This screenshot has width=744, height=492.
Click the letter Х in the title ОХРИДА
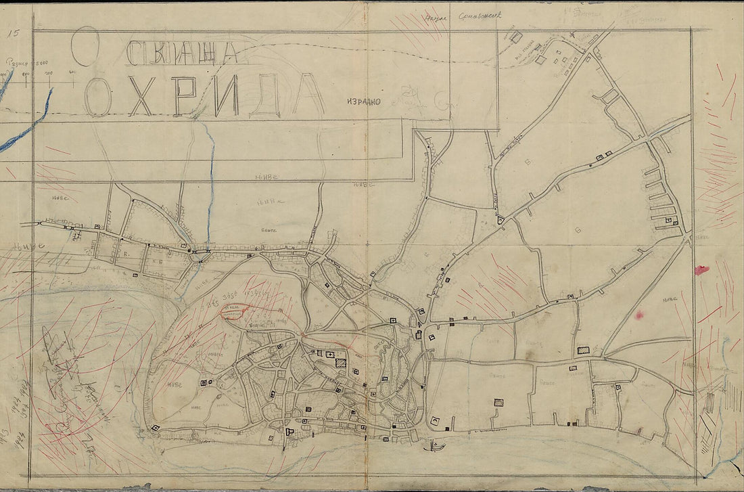click(x=140, y=95)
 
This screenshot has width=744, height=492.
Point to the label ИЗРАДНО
click(x=364, y=102)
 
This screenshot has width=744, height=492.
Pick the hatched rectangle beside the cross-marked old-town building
click(x=341, y=363)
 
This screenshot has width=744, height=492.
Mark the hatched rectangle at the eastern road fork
click(x=583, y=350)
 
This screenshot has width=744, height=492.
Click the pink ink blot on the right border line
click(x=701, y=270)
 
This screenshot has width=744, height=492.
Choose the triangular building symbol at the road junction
click(x=501, y=219)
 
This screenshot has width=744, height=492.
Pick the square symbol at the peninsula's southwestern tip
click(x=156, y=428)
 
